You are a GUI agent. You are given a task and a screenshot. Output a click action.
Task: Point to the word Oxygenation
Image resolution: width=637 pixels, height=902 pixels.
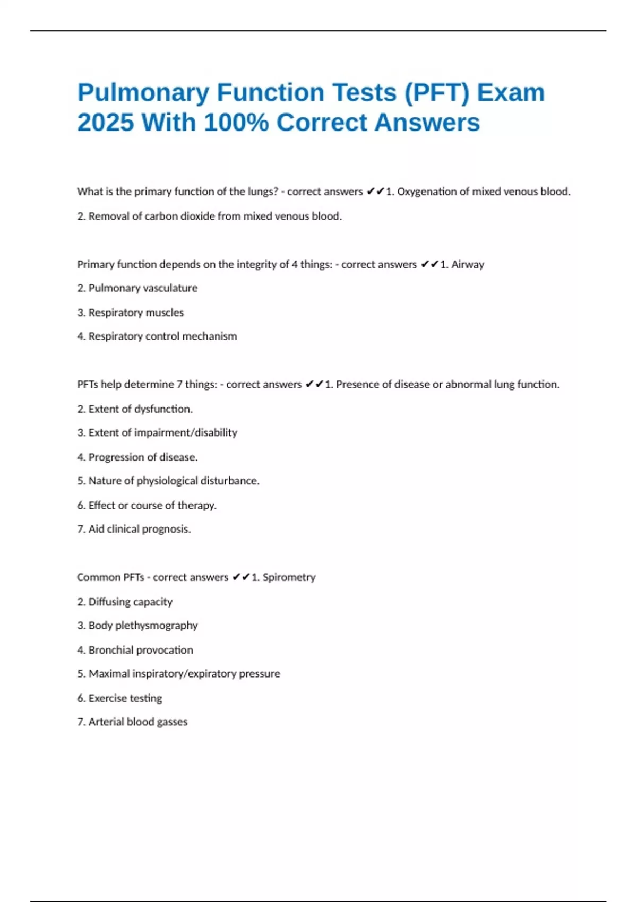428,192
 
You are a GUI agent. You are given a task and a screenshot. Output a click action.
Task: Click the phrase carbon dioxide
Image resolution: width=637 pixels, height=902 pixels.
180,216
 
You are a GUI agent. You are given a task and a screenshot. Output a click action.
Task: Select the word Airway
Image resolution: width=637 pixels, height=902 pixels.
468,264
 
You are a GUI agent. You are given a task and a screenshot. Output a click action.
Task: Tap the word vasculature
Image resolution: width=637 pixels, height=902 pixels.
170,288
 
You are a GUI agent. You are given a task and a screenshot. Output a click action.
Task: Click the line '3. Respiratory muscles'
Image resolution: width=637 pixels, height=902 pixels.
131,313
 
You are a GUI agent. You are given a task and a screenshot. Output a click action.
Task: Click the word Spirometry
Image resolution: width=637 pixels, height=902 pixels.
289,577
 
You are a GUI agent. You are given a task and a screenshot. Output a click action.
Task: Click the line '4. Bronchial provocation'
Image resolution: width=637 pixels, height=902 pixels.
135,650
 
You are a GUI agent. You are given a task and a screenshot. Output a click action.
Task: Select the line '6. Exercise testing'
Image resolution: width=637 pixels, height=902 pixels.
119,698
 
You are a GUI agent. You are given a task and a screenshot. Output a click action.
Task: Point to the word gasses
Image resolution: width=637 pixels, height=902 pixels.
173,722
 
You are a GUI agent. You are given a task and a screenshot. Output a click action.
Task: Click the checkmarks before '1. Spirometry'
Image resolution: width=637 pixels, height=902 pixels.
241,577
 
